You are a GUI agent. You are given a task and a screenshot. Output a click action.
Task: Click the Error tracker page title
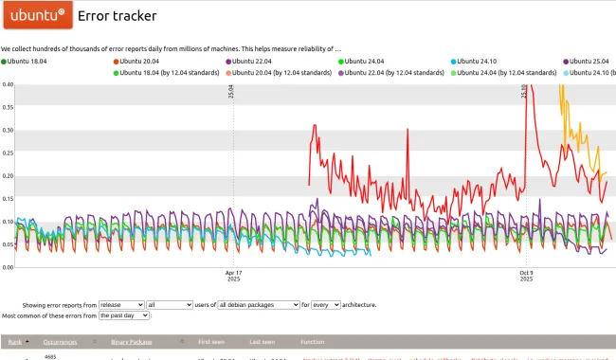(x=118, y=15)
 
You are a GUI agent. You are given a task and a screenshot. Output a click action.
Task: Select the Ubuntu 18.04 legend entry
(x=27, y=61)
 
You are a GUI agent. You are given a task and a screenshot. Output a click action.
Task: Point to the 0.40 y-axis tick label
(x=8, y=83)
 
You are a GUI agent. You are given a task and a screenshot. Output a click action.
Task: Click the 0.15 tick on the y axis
(x=8, y=198)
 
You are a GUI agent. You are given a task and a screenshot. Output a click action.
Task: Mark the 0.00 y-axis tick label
(x=8, y=267)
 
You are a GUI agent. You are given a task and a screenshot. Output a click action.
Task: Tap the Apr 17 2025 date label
(x=234, y=276)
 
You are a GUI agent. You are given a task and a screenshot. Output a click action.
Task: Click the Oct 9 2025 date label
(x=526, y=276)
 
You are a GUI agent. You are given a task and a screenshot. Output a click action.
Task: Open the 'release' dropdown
(x=122, y=305)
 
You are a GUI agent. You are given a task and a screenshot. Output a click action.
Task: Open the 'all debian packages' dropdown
(x=258, y=305)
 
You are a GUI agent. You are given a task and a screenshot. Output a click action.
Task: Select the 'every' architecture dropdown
(x=325, y=305)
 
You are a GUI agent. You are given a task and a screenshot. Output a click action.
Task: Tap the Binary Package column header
(x=133, y=341)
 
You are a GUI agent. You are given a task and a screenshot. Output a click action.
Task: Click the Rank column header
(x=15, y=341)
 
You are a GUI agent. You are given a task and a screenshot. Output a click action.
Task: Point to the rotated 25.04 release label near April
(x=231, y=91)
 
